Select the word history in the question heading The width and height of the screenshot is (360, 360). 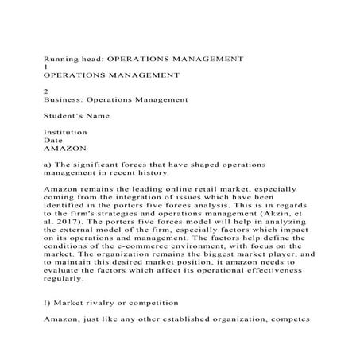(x=148, y=172)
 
